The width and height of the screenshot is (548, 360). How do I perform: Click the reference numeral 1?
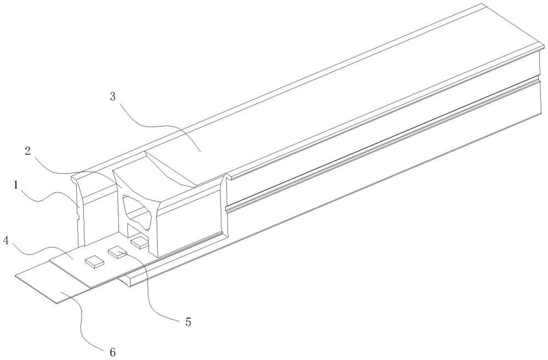click(x=16, y=185)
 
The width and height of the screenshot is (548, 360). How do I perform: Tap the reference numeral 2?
click(x=28, y=151)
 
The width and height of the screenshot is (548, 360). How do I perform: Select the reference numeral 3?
click(x=113, y=96)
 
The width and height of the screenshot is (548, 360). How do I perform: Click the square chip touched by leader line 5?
click(x=116, y=252)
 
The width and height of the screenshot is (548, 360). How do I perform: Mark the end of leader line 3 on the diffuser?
click(x=200, y=152)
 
